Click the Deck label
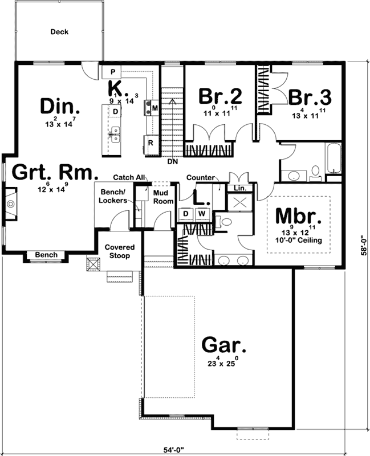click(x=59, y=32)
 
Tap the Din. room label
click(x=60, y=107)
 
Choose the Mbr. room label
click(x=299, y=216)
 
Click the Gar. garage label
click(x=224, y=345)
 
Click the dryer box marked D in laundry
click(x=186, y=214)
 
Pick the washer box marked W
click(x=201, y=214)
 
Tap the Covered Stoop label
click(x=119, y=251)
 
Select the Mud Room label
click(x=162, y=197)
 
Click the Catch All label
click(x=128, y=177)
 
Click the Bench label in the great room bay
click(x=46, y=255)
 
